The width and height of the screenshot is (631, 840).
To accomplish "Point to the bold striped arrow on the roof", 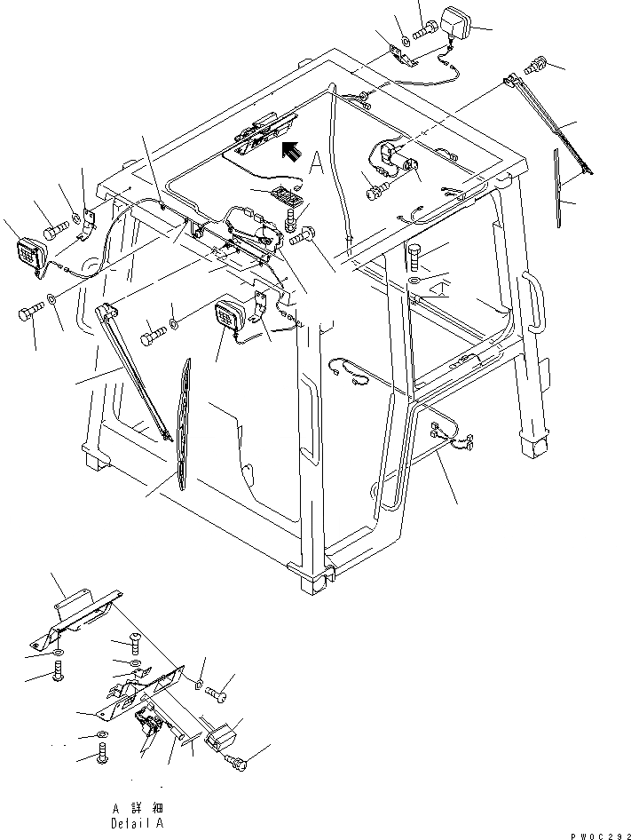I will click(x=289, y=151).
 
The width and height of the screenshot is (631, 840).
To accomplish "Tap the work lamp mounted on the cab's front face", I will click(x=231, y=316).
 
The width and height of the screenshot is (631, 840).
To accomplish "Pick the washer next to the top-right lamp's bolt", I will click(x=404, y=39).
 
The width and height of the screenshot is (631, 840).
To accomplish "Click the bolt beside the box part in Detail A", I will click(x=241, y=759).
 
